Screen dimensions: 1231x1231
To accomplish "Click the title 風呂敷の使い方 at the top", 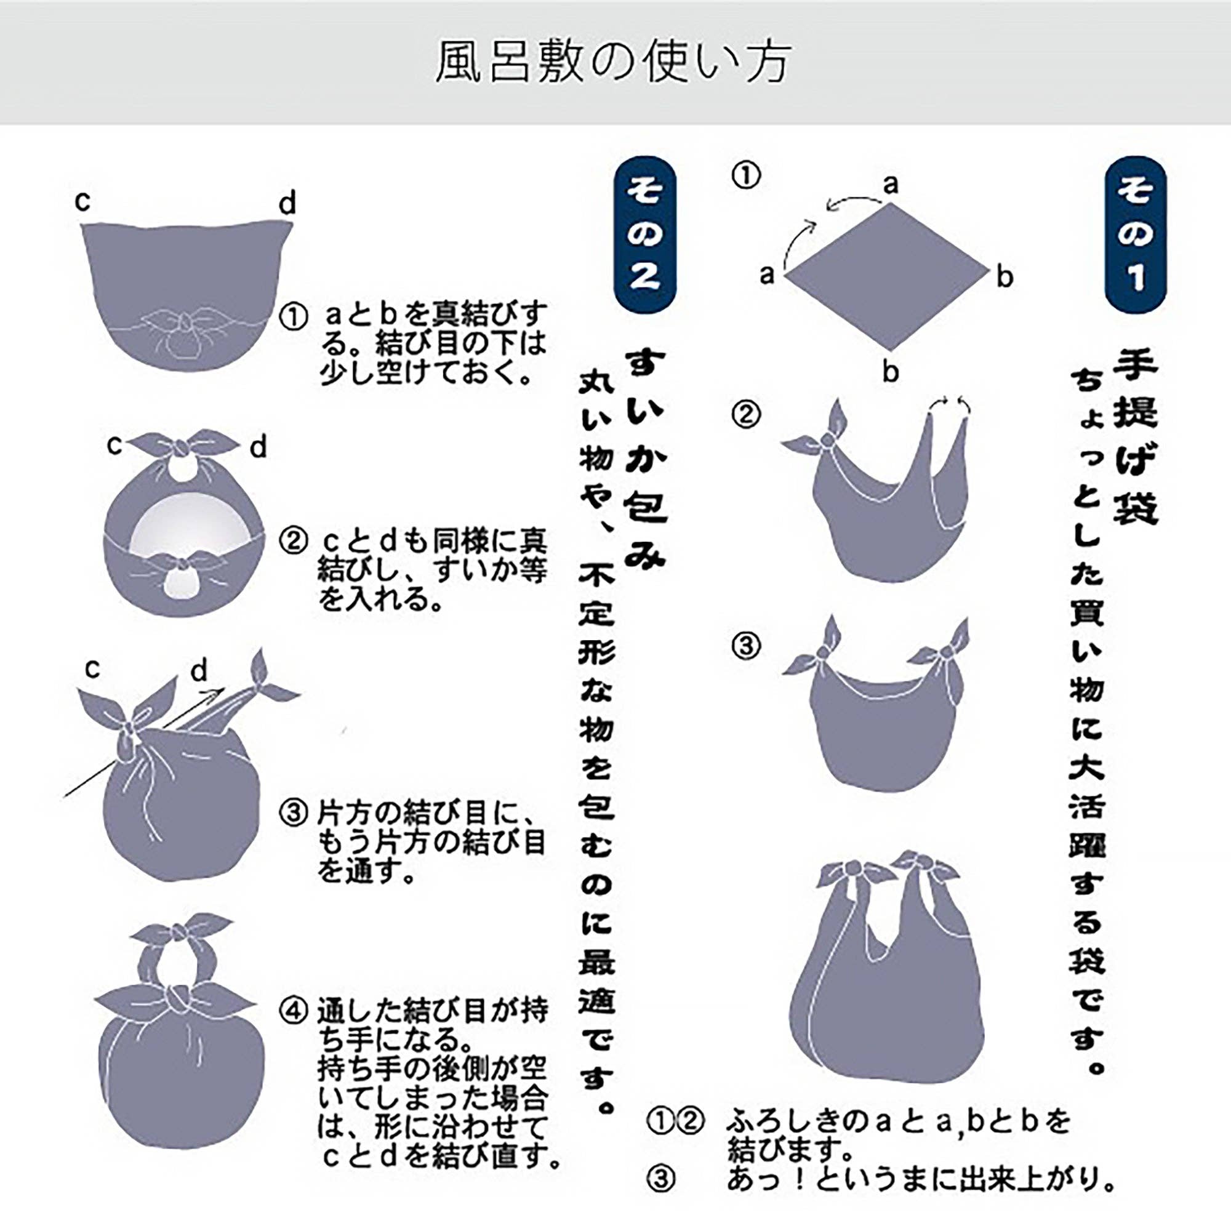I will pos(614,63).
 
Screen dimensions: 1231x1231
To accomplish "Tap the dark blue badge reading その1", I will pos(1136,235).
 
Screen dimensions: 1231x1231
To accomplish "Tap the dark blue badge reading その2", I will pos(644,235).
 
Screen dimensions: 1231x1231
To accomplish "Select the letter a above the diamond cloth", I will pos(891,185).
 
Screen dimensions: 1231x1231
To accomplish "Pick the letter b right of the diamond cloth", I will pos(1005,277).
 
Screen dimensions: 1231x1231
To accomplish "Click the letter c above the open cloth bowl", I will pos(83,201).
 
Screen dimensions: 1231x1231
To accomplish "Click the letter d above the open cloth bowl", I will pos(287,204).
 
